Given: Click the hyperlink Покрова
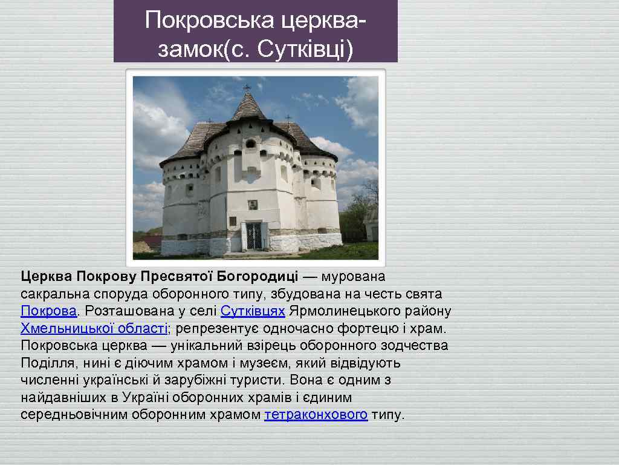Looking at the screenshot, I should coord(48,311).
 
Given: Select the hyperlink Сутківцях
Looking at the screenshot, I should coord(253,311).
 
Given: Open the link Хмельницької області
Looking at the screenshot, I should coord(94,329).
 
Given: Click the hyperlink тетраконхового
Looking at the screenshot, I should coord(316,415).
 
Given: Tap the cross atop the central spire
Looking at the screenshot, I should coord(247,88).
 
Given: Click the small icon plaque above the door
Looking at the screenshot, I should coord(253,205).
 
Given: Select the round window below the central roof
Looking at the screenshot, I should coord(250,144).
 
